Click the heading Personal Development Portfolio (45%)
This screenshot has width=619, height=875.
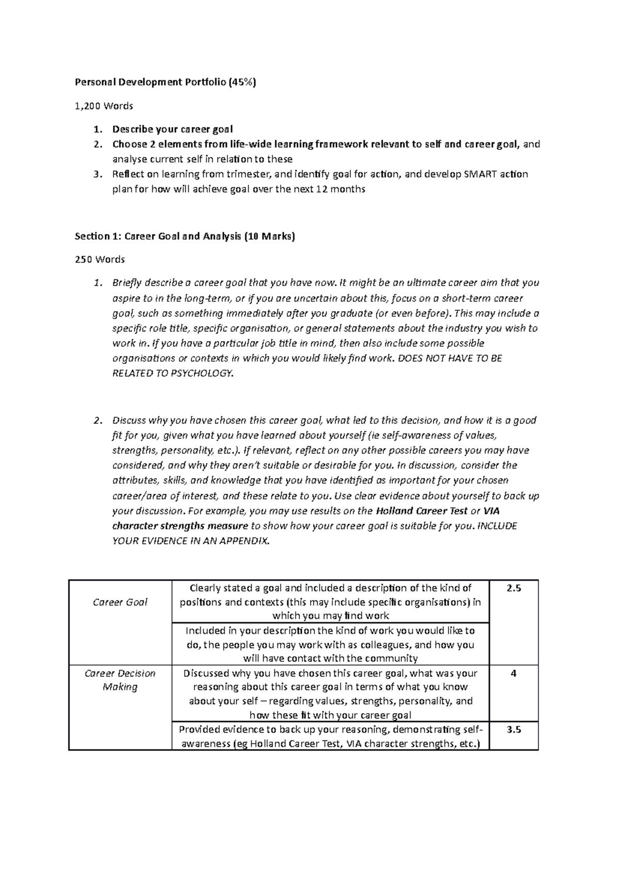(165, 82)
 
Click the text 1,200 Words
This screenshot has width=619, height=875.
(104, 106)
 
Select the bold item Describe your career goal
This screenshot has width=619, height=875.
(173, 129)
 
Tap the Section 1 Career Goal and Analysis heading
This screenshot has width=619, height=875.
(185, 237)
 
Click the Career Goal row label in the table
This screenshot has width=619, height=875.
(120, 602)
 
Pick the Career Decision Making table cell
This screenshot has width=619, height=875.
(120, 680)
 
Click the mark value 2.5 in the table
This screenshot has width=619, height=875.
(514, 588)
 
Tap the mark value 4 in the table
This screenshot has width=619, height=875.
(513, 674)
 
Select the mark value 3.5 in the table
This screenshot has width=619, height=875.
(514, 730)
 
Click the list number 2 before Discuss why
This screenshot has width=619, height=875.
(98, 420)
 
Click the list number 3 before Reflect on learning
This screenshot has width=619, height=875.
(98, 174)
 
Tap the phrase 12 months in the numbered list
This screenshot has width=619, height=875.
(340, 189)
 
